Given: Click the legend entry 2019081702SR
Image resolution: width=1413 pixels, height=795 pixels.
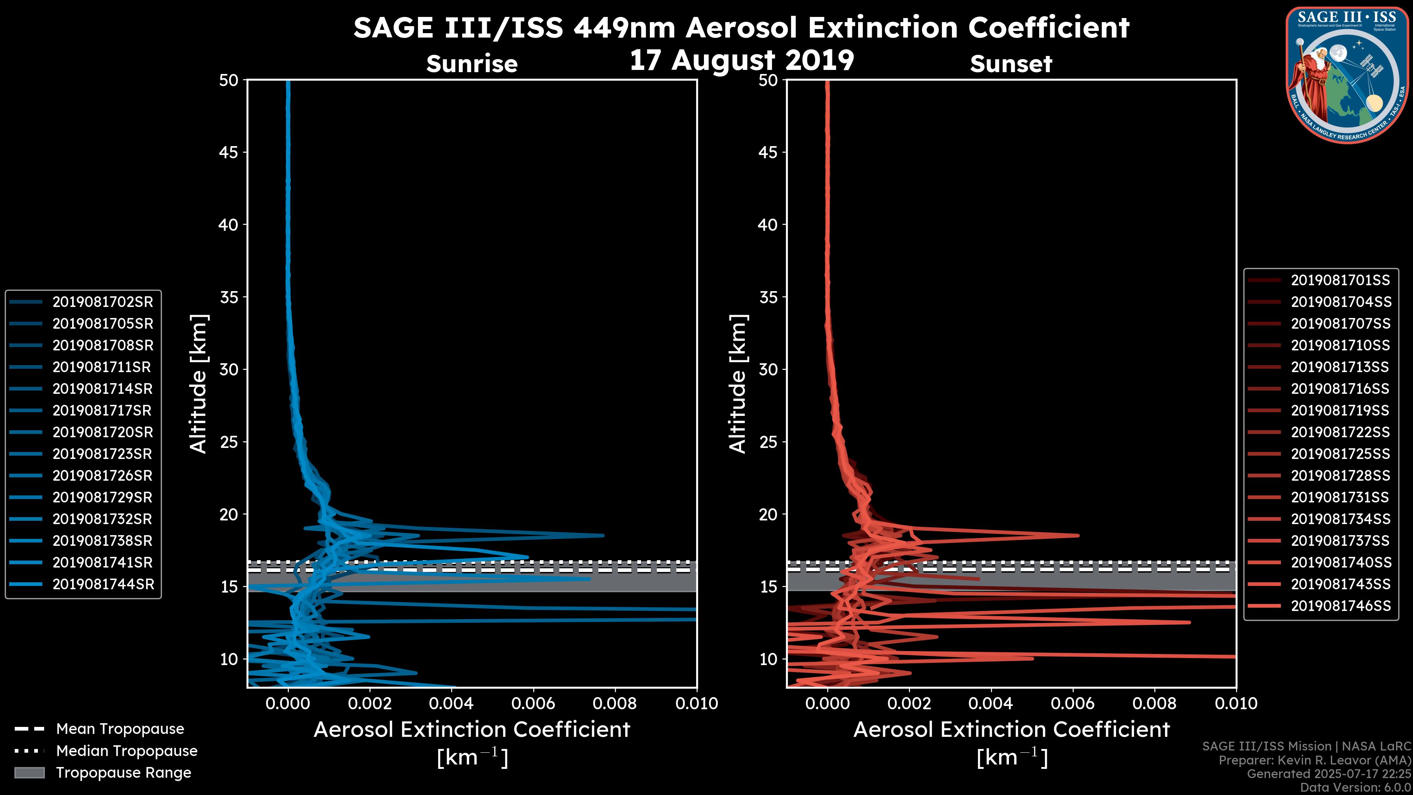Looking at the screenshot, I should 103,302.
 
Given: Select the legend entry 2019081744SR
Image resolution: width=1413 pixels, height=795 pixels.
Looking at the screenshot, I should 103,584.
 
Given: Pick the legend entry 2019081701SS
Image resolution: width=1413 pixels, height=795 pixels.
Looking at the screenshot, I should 1340,280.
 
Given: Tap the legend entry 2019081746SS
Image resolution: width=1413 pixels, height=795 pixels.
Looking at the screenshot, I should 1340,606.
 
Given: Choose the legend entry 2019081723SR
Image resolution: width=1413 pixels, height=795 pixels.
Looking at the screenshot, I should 103,454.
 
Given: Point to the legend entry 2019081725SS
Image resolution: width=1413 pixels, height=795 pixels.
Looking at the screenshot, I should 1340,454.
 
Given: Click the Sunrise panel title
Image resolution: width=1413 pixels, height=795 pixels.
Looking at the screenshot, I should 472,64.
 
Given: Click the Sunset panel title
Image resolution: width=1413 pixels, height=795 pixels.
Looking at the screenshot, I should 1011,64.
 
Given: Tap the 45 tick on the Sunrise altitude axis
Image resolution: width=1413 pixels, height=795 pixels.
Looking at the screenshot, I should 229,152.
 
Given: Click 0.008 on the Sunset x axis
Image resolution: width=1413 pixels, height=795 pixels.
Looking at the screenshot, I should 1155,703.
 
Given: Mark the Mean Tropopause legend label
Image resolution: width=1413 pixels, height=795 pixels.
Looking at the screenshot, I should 120,729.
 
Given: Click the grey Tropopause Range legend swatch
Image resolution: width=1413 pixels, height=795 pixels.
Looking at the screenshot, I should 29,773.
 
